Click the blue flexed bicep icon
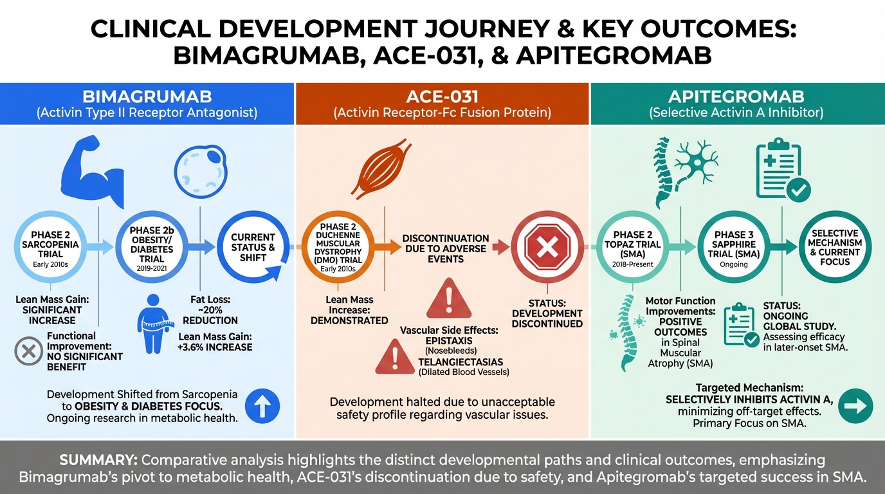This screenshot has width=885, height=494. (93, 170)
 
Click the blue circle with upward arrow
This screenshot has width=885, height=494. (262, 406)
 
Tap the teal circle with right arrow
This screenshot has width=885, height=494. (855, 406)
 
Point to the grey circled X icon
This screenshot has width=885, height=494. (28, 351)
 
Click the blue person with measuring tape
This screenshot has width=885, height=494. (154, 324)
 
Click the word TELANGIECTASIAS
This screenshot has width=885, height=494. (461, 362)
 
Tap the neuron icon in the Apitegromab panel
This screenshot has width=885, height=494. (695, 162)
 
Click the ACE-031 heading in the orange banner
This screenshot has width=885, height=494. (442, 97)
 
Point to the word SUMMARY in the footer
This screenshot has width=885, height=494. (98, 461)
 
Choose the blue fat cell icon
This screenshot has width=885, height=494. (201, 172)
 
